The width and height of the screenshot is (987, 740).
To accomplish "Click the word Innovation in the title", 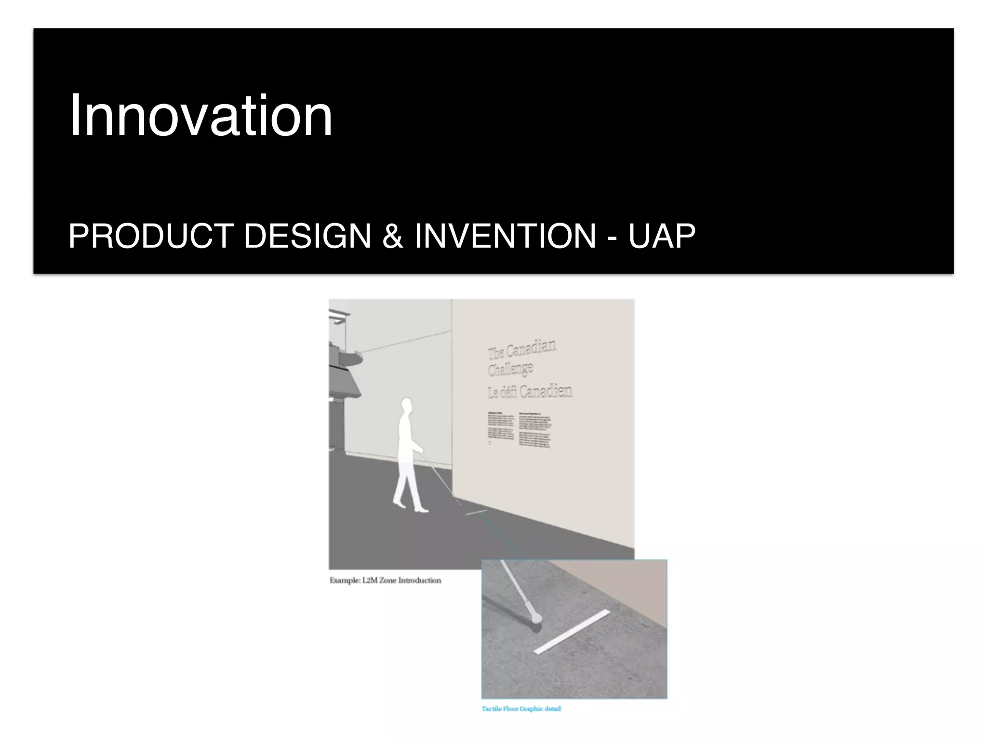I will click(x=200, y=116).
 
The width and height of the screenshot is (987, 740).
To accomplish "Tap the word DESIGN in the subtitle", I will click(x=307, y=236).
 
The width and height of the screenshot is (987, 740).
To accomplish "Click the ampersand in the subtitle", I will click(x=393, y=236).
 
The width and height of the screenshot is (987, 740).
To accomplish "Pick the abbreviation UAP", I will click(x=662, y=236).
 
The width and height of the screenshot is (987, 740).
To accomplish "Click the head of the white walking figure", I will click(x=407, y=406).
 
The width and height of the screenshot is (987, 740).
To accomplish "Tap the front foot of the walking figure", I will click(x=421, y=510).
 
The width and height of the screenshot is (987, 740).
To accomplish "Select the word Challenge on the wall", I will click(x=510, y=370).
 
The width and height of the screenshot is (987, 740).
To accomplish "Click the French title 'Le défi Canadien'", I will click(x=530, y=392).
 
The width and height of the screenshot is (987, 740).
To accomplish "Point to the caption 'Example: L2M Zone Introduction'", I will click(x=385, y=581).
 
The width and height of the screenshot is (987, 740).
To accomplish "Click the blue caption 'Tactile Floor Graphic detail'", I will click(x=521, y=709).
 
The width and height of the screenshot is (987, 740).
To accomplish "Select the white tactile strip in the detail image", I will click(x=572, y=632).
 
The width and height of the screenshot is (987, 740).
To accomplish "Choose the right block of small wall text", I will click(x=535, y=430).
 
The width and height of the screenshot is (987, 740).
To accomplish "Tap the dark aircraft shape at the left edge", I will click(x=343, y=371).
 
